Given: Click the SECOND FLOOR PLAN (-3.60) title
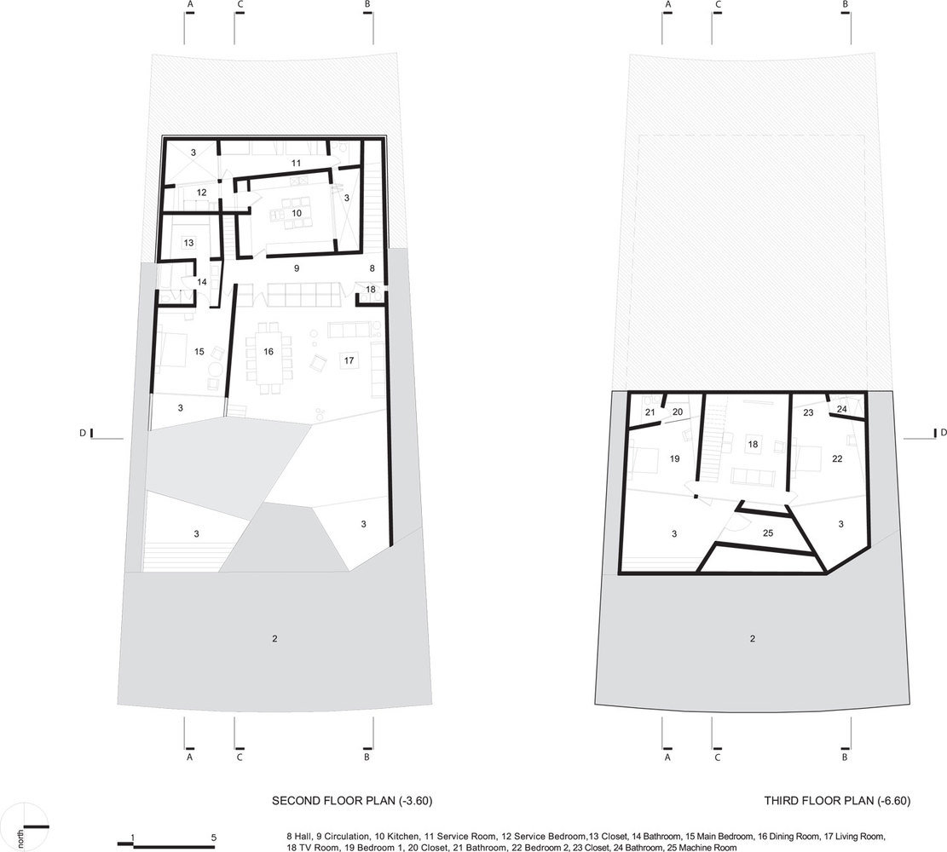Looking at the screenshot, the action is tap(352, 801).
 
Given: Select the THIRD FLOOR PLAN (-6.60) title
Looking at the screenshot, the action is tap(837, 801).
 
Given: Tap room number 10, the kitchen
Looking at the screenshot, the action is tap(297, 213).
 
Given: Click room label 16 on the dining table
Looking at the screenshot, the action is tap(269, 351).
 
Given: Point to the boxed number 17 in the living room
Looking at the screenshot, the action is tap(349, 360).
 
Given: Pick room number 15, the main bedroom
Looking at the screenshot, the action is tap(199, 351).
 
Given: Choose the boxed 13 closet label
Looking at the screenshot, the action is tap(189, 243).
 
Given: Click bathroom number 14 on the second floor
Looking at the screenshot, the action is tap(202, 282).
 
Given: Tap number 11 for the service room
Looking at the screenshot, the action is tap(296, 163).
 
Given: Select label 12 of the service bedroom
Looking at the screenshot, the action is tap(202, 193).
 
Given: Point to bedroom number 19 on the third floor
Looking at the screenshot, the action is tap(674, 459).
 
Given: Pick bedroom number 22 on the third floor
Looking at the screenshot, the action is tap(837, 459).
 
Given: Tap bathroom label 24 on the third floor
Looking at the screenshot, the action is tap(842, 409).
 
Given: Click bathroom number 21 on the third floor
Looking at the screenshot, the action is tap(650, 412).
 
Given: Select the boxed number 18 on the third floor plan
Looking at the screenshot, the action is tap(753, 444).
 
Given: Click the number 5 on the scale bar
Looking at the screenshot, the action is tap(214, 838).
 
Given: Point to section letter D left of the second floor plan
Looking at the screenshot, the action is tap(83, 433).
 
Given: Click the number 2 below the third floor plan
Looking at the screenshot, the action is tap(753, 638).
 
